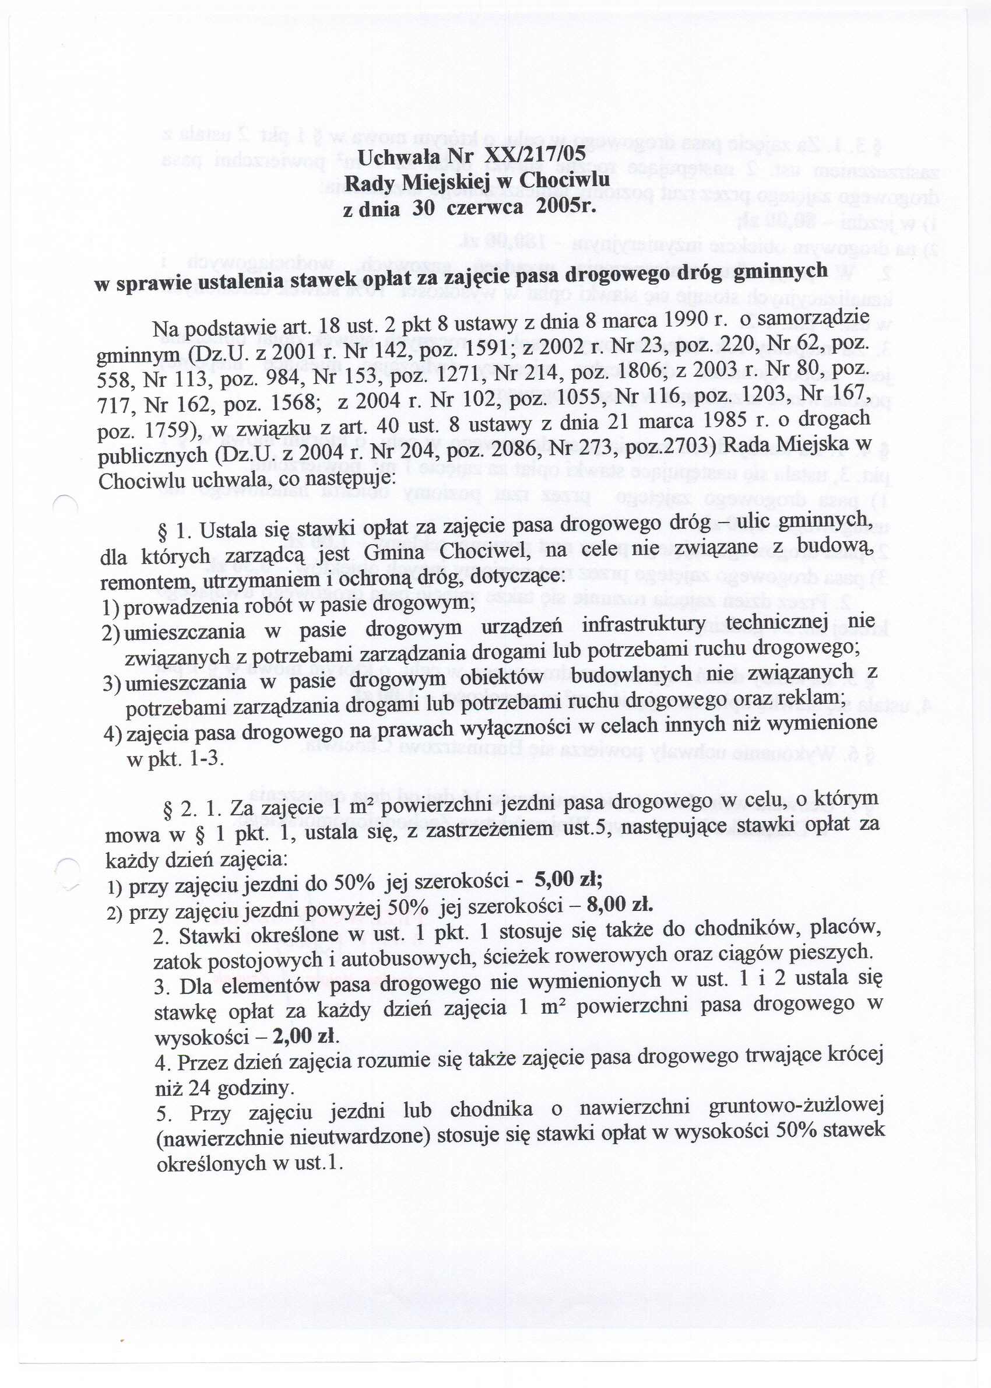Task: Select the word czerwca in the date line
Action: (x=484, y=208)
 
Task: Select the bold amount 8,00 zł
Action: (x=619, y=905)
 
